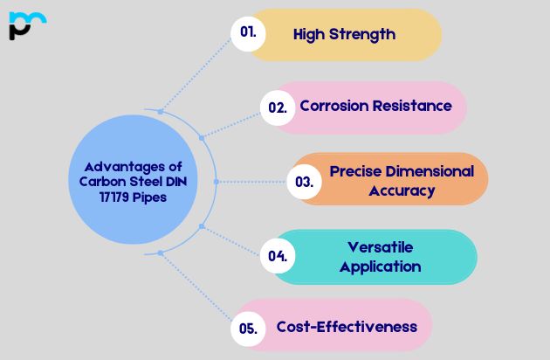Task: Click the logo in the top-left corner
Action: tap(27, 25)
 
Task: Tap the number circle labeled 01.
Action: tap(249, 33)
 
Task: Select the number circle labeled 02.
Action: tap(278, 107)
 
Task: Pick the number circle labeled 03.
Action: tap(304, 182)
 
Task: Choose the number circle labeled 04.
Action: tap(278, 256)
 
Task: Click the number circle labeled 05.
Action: tap(248, 329)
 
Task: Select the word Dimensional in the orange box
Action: tap(428, 171)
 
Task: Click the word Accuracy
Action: tap(402, 190)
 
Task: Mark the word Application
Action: tap(380, 267)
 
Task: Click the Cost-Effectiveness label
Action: tap(347, 327)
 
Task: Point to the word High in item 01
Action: tap(308, 35)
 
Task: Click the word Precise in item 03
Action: tap(354, 171)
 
